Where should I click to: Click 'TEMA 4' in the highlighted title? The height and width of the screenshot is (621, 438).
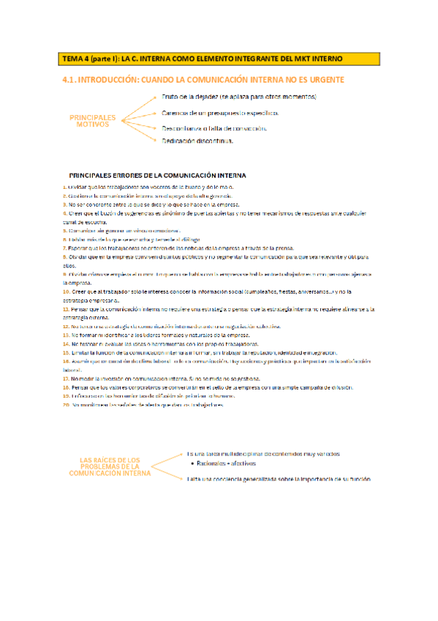pos(75,58)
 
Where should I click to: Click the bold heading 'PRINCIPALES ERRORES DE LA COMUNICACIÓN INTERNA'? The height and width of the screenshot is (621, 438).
pos(157,176)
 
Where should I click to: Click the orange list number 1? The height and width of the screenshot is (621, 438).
pos(64,187)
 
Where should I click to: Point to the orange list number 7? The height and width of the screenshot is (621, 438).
pos(64,248)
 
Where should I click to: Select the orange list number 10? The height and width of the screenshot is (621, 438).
pos(66,291)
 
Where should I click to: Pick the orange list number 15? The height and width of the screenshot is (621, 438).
pos(66,353)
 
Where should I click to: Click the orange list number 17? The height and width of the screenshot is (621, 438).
pos(66,378)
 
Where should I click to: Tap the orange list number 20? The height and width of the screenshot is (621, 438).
pos(66,405)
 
